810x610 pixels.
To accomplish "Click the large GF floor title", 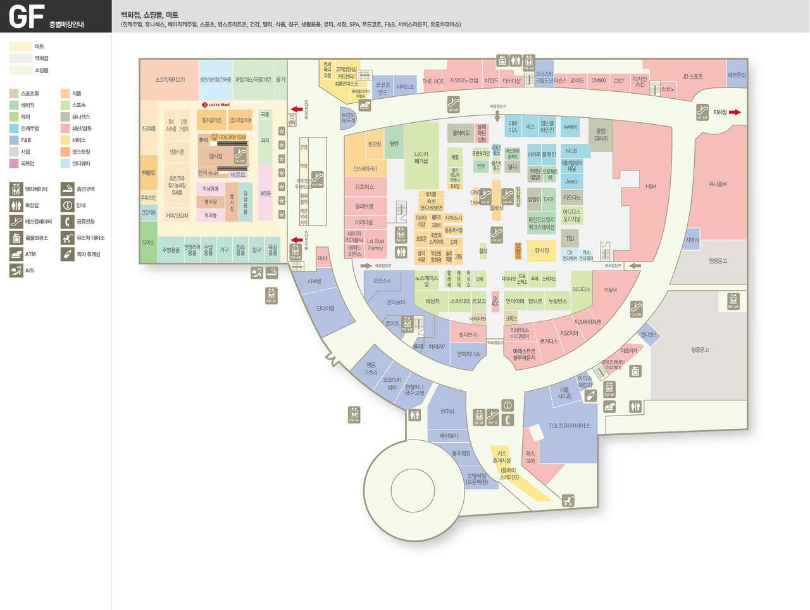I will (27, 16).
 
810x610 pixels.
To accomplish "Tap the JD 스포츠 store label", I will (692, 77).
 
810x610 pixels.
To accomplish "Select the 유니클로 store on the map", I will (718, 184).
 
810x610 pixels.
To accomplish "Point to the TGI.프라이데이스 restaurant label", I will (569, 426).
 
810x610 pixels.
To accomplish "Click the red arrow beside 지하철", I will (734, 112).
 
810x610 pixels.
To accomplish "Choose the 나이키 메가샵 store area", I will (421, 157).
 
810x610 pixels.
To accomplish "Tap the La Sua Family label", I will (375, 245).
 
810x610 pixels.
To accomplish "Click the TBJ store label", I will (570, 238).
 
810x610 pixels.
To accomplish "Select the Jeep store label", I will (571, 182).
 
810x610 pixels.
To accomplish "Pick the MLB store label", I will (571, 151).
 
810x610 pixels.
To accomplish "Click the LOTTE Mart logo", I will (216, 105).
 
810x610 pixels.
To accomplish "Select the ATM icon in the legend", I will (16, 254).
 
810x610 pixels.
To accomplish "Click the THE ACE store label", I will (433, 81).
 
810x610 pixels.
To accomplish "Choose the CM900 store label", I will (598, 80).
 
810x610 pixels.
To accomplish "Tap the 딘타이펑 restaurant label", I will (325, 308).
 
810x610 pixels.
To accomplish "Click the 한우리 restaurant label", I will (447, 412).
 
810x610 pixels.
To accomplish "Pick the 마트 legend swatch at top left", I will (21, 46).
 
